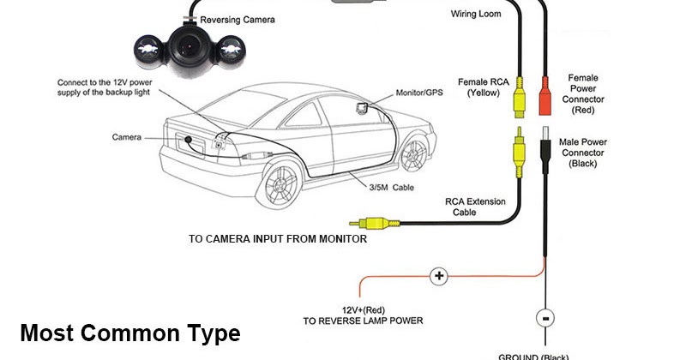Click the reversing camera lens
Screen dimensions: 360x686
[184, 44]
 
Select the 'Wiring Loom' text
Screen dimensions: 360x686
[476, 15]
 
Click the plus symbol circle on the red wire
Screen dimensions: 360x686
[439, 276]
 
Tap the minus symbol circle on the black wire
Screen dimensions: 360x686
[544, 317]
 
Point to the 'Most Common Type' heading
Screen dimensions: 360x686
[129, 333]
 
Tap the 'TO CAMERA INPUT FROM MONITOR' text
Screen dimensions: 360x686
[278, 239]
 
